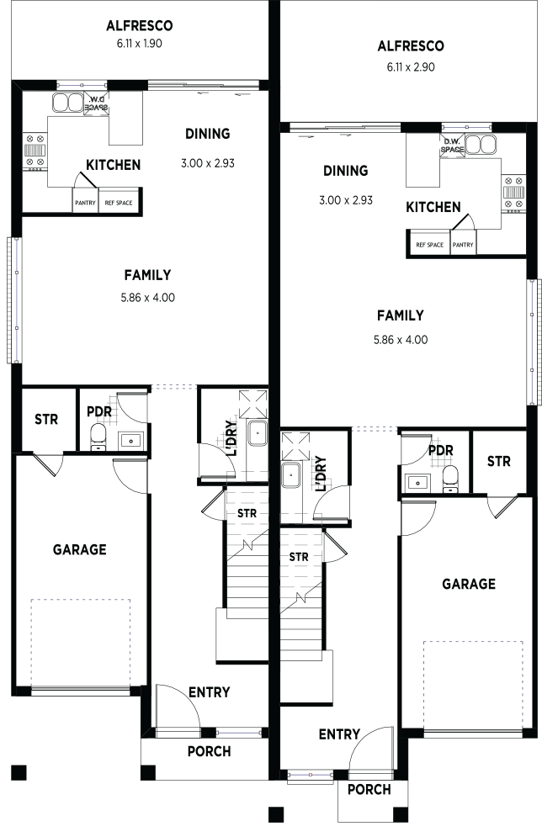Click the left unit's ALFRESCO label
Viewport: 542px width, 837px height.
tap(140, 25)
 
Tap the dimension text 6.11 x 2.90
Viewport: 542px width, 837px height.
tap(411, 67)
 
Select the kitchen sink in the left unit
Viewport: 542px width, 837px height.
tap(67, 102)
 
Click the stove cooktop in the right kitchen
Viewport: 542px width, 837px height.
tap(513, 192)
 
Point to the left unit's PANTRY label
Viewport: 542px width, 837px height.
tap(86, 203)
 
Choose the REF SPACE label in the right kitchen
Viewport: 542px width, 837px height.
tap(430, 245)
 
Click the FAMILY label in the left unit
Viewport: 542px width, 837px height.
tap(147, 275)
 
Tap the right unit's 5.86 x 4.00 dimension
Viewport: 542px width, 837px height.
tap(401, 340)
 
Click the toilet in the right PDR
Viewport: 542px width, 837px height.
tap(451, 478)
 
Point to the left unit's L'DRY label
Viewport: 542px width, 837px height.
tap(231, 438)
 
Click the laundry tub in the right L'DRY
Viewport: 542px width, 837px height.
tap(291, 475)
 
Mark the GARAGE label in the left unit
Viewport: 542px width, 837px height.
tap(80, 549)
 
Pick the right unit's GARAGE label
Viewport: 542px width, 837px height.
tap(469, 584)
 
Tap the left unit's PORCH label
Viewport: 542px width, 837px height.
tap(210, 751)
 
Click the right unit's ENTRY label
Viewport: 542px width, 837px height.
tap(339, 734)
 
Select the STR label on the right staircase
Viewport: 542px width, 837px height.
tap(299, 557)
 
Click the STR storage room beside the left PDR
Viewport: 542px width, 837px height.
tap(46, 420)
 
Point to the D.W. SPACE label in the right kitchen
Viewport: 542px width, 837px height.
tap(452, 146)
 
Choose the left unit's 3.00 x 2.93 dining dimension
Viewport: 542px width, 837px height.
tap(208, 163)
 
